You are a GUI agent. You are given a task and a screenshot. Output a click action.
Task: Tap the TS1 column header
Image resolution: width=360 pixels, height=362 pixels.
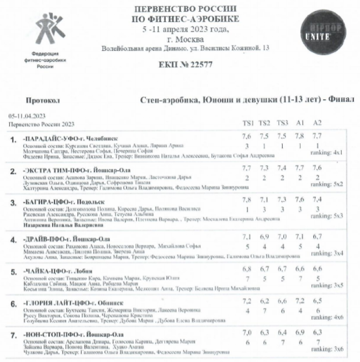pos(246,123)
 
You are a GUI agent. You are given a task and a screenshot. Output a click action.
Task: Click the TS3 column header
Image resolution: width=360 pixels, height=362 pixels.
pos(282,123)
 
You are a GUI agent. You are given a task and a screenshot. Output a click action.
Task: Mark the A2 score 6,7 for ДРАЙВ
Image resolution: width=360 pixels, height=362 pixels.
pos(316,236)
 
